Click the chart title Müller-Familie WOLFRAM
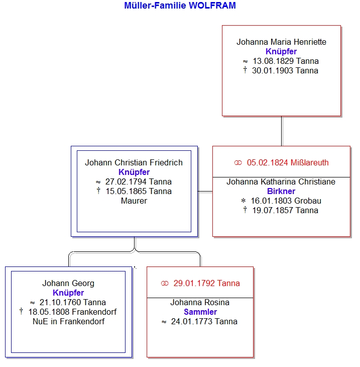click(x=180, y=6)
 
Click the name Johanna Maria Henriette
click(x=281, y=42)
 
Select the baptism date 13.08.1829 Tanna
click(x=286, y=61)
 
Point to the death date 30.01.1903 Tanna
click(x=285, y=71)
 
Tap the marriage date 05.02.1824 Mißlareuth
click(x=288, y=162)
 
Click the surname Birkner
click(x=281, y=191)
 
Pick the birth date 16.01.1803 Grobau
click(x=286, y=201)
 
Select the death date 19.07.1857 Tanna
click(x=285, y=211)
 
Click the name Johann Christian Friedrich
click(x=134, y=162)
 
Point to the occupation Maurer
click(x=134, y=201)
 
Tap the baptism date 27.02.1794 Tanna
click(x=139, y=181)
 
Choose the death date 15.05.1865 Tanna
click(x=139, y=191)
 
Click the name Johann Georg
click(x=68, y=283)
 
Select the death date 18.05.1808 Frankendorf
click(x=72, y=312)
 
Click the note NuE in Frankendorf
click(x=68, y=321)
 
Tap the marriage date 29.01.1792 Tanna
click(x=206, y=283)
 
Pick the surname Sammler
click(x=200, y=312)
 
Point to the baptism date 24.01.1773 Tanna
click(x=204, y=321)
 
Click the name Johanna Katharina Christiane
click(x=281, y=181)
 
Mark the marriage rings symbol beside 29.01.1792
click(x=165, y=284)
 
